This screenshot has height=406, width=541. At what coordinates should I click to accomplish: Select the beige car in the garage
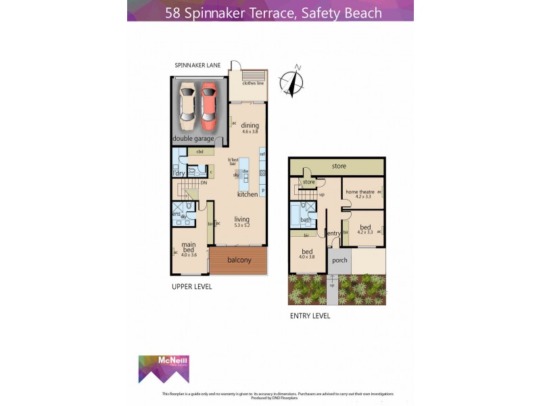(187, 107)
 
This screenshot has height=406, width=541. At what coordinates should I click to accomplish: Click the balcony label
(239, 260)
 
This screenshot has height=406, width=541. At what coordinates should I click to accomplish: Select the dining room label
(250, 125)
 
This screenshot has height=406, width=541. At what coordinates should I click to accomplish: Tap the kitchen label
(248, 194)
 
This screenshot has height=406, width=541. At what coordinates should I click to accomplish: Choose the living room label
(242, 219)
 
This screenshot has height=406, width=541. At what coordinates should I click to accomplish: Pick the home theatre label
(360, 192)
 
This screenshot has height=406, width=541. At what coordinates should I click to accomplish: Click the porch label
(339, 260)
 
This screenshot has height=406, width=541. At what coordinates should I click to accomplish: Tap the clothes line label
(253, 83)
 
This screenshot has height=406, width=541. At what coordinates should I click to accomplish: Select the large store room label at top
(339, 166)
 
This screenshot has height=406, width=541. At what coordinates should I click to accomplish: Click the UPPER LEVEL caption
(191, 287)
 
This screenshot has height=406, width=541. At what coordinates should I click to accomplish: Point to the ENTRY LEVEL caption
(309, 315)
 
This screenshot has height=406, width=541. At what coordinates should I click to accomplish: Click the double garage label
(193, 139)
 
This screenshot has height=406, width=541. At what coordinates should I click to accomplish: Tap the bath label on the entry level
(306, 219)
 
